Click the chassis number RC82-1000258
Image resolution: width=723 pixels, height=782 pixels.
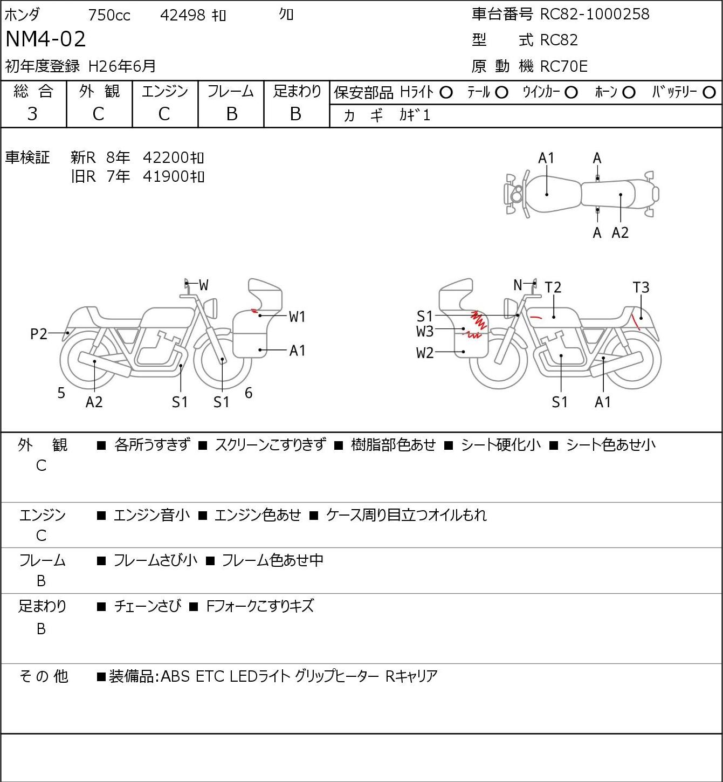595,14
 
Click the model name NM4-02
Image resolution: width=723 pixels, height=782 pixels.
46,39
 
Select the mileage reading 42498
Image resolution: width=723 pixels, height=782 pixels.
183,15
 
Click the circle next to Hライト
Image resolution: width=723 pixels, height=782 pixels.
446,93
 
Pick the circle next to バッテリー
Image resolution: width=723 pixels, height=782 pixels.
709,92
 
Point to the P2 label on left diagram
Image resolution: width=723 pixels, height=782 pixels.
39,334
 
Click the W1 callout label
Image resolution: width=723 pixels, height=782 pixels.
297,317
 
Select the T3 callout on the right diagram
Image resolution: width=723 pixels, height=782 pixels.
641,287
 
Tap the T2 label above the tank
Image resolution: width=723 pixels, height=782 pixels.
553,287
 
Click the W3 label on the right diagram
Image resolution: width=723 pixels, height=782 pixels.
425,332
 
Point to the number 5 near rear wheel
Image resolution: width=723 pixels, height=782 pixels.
61,393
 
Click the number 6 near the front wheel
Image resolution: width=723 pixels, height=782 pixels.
249,393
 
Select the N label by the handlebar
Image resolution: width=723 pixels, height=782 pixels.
518,285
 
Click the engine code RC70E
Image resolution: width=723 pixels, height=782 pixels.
564,66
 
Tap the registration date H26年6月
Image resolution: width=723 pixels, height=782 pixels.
122,66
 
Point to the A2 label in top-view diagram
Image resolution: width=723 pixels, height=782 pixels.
620,232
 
